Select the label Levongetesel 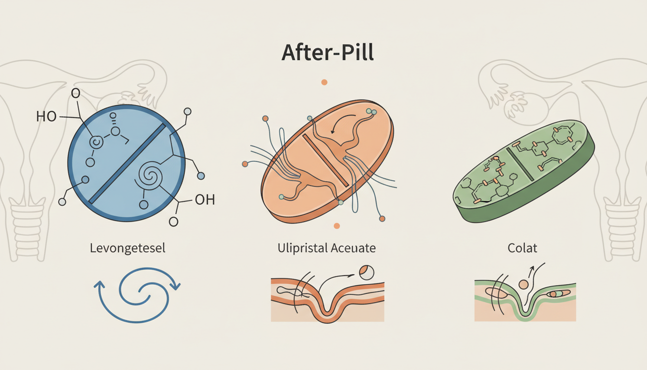[x=128, y=249]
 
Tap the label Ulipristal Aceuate [x=327, y=249]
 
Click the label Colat [x=522, y=249]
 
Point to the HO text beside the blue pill [x=46, y=116]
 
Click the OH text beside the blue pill [x=204, y=200]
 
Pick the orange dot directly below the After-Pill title [x=324, y=82]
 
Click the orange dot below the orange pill [x=336, y=225]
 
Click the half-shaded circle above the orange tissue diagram [x=366, y=273]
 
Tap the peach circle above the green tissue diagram [x=523, y=284]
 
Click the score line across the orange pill [x=326, y=160]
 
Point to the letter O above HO [x=75, y=93]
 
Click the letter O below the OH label [x=173, y=221]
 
